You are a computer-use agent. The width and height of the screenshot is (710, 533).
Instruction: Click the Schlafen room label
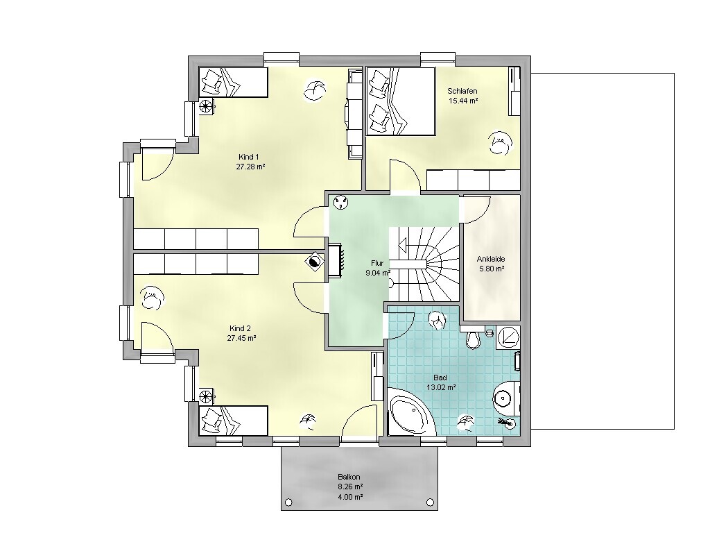pyautogui.click(x=462, y=91)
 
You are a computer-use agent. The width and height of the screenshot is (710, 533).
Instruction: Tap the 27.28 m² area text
pyautogui.click(x=250, y=167)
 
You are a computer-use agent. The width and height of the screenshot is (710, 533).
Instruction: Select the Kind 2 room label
pyautogui.click(x=240, y=328)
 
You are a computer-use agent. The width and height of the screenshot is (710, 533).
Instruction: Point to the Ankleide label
pyautogui.click(x=491, y=260)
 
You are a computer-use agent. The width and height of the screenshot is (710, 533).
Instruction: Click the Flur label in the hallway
pyautogui.click(x=377, y=263)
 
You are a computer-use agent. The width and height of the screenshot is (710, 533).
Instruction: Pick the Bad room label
pyautogui.click(x=440, y=378)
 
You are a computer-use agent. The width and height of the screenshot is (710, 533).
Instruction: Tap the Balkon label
pyautogui.click(x=349, y=477)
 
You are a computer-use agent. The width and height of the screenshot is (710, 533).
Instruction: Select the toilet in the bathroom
pyautogui.click(x=473, y=338)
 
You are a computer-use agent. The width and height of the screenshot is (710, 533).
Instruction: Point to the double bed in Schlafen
pyautogui.click(x=400, y=101)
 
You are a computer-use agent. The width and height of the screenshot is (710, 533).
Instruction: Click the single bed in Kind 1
pyautogui.click(x=234, y=82)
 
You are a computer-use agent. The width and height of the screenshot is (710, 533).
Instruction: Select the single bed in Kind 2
pyautogui.click(x=234, y=421)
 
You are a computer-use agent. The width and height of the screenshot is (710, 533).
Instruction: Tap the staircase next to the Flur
pyautogui.click(x=424, y=264)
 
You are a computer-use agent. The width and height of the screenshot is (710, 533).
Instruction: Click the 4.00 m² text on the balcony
pyautogui.click(x=350, y=497)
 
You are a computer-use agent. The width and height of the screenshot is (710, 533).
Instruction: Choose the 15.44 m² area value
pyautogui.click(x=463, y=101)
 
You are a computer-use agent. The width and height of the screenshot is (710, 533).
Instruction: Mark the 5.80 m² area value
pyautogui.click(x=492, y=269)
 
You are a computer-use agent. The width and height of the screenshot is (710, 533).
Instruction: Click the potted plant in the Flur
pyautogui.click(x=340, y=203)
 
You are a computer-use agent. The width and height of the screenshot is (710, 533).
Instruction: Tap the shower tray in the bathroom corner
pyautogui.click(x=508, y=337)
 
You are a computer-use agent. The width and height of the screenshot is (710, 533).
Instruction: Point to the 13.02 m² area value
pyautogui.click(x=440, y=387)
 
